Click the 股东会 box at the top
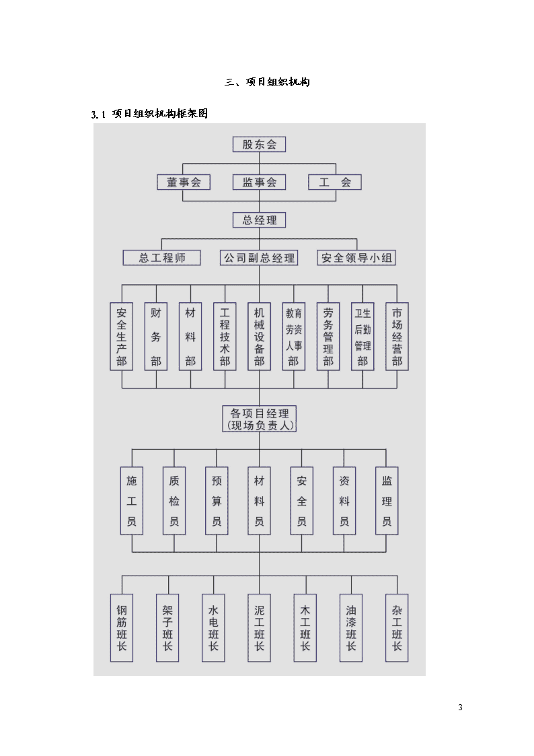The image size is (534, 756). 259,144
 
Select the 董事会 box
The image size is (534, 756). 184,182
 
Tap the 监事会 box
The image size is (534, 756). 259,182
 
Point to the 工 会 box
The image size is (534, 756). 335,182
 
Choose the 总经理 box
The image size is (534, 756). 259,220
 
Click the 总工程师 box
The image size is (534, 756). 162,257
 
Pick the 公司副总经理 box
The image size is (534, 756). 259,257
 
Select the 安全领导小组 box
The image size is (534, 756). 356,257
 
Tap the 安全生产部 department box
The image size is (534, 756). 121,337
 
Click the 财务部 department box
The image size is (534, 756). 156,337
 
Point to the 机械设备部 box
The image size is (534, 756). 259,337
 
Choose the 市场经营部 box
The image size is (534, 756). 397,337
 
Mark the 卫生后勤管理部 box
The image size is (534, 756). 363,337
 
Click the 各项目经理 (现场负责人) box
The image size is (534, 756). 259,419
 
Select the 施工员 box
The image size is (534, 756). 131,500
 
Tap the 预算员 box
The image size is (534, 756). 217,500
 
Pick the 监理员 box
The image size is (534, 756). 387,500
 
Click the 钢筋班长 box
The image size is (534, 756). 121,627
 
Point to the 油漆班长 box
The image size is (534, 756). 351,627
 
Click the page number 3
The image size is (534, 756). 460,708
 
